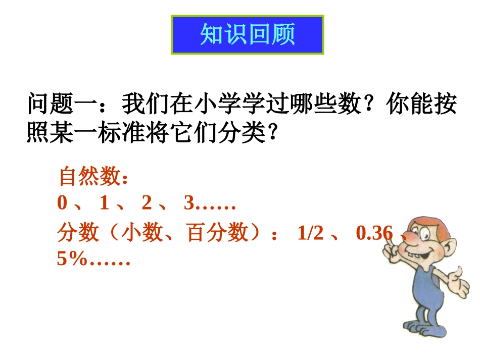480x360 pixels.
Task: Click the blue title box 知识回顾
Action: click(x=248, y=35)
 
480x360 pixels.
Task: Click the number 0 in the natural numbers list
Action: click(x=62, y=203)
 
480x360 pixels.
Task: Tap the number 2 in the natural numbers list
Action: click(x=147, y=203)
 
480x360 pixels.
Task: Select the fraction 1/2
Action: click(x=310, y=233)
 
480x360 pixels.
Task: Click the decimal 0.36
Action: click(x=374, y=233)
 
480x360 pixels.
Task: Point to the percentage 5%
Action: click(x=70, y=260)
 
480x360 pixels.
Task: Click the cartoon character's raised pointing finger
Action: click(x=389, y=241)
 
